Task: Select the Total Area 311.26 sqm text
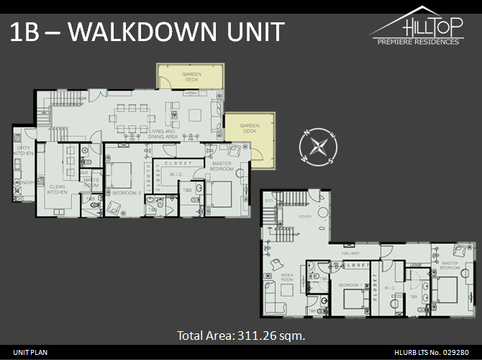[x=241, y=335]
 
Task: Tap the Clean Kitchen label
[x=58, y=191]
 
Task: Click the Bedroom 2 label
[x=125, y=193]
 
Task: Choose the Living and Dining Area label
[x=165, y=134]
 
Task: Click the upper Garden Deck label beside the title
[x=191, y=77]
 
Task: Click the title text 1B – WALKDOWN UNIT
[x=147, y=32]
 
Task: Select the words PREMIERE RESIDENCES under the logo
[x=418, y=42]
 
